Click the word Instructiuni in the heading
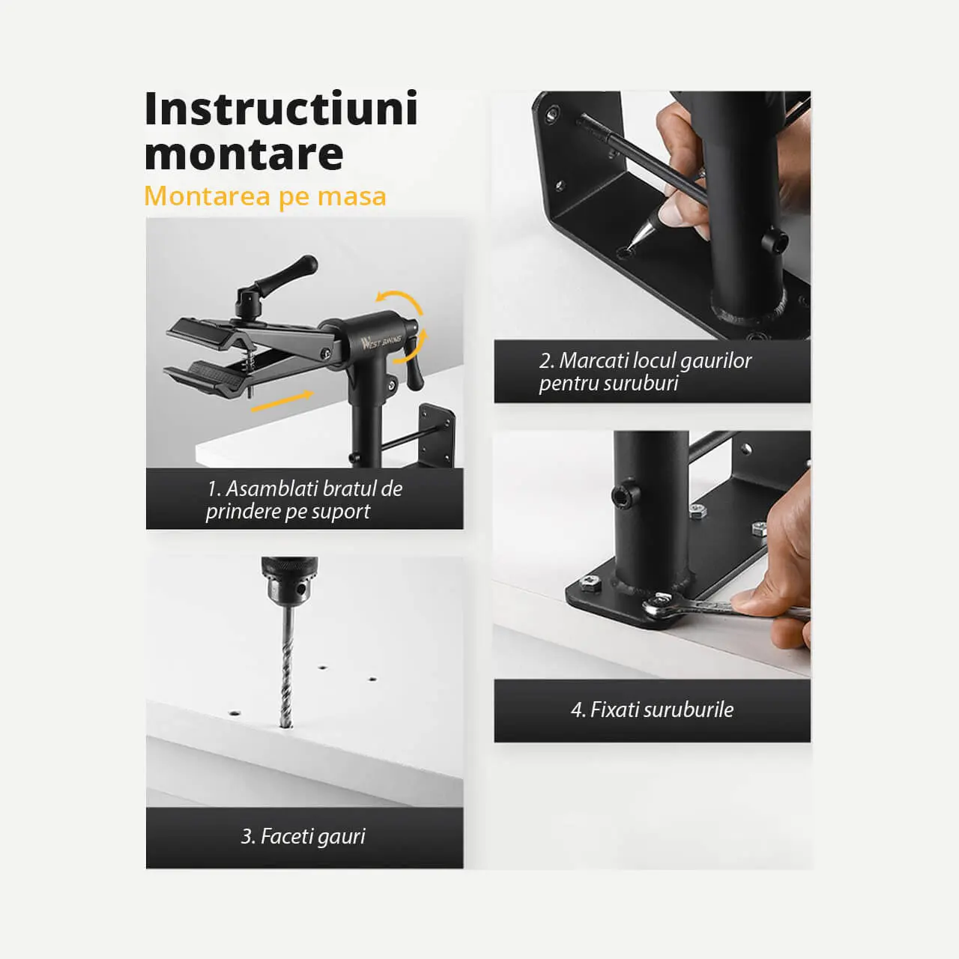(x=281, y=109)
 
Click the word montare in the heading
(x=243, y=154)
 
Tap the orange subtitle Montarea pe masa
(x=265, y=196)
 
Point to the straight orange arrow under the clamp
(x=282, y=401)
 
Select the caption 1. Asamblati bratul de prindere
(x=304, y=500)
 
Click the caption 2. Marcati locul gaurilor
(x=646, y=372)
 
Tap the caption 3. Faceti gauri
(x=303, y=836)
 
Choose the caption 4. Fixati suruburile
(x=652, y=710)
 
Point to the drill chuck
(x=288, y=580)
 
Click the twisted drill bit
(x=287, y=665)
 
